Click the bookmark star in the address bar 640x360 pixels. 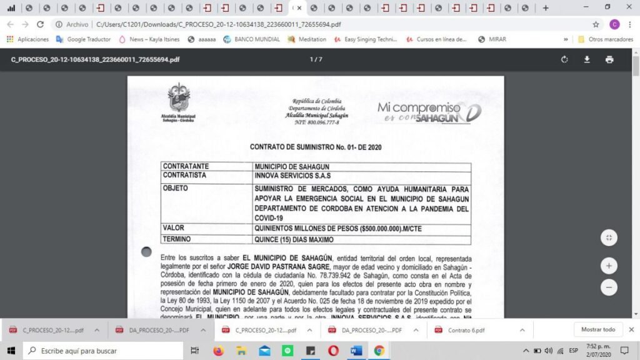(x=596, y=24)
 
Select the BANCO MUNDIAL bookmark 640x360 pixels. (x=251, y=39)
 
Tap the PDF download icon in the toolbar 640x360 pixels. (x=587, y=59)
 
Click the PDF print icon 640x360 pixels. (x=609, y=59)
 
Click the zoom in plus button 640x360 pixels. (x=609, y=266)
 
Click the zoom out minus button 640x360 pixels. (x=609, y=287)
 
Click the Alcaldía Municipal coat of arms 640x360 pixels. (x=179, y=99)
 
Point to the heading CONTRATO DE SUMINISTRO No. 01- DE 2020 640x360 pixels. (x=316, y=147)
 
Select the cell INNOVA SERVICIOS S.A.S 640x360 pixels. (x=292, y=176)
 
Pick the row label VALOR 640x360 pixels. (x=174, y=228)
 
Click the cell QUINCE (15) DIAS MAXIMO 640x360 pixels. (x=294, y=239)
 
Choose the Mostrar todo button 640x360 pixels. (x=597, y=329)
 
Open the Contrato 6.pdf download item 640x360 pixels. (x=466, y=330)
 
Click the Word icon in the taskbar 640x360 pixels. (x=356, y=351)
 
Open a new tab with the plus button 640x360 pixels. (x=546, y=8)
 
